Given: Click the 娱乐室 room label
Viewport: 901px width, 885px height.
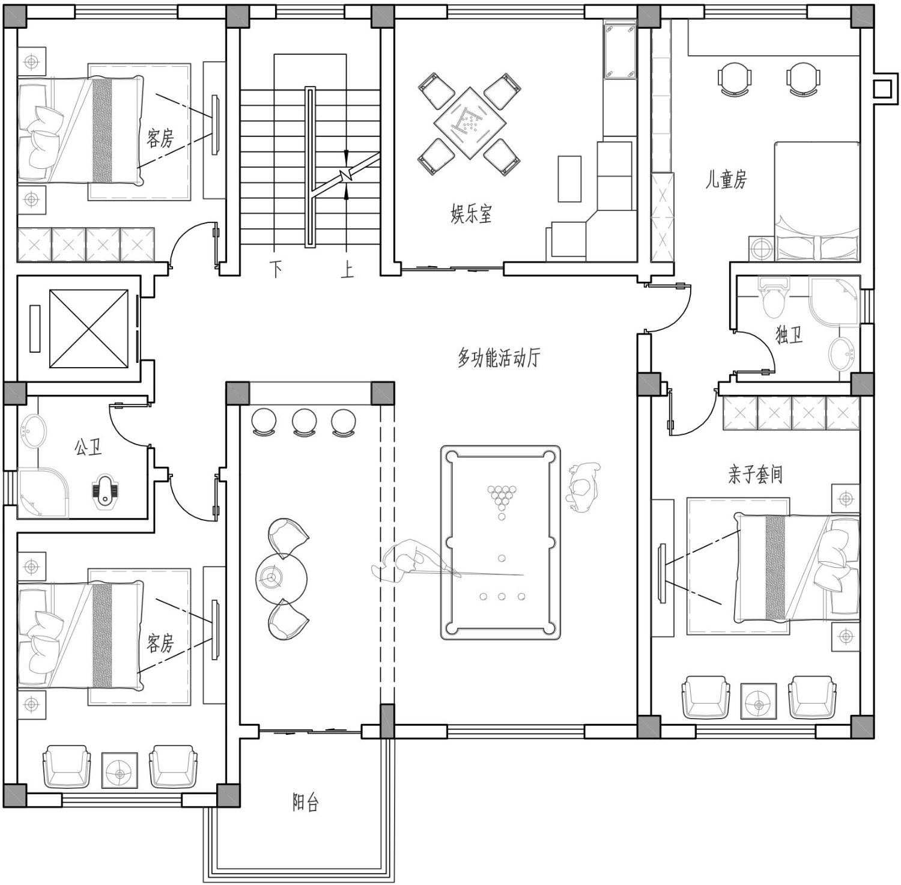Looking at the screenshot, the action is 472,213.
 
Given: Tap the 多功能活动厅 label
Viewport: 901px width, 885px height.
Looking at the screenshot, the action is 499,357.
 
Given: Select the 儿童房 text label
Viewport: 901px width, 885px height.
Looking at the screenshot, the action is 726,179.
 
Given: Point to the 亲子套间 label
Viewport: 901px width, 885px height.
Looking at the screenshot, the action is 756,475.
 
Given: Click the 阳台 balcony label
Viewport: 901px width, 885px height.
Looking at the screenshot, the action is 306,803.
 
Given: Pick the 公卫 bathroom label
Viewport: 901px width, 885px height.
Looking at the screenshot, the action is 88,446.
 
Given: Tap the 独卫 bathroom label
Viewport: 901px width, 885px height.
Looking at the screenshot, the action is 789,335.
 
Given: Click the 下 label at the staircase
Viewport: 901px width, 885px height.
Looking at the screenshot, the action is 276,269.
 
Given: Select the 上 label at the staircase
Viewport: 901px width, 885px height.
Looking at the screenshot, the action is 347,269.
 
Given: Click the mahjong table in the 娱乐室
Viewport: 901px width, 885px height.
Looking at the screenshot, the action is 470,123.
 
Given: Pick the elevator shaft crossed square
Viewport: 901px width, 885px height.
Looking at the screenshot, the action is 88,329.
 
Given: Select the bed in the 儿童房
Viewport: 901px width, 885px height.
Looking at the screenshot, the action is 817,201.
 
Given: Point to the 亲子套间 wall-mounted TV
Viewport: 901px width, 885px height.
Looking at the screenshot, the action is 663,574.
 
